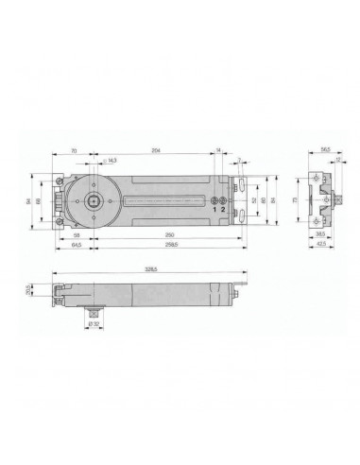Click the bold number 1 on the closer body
[214, 210]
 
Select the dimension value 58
[75, 232]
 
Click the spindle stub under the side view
[94, 311]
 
